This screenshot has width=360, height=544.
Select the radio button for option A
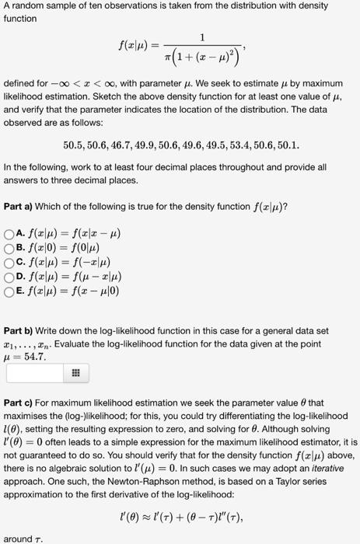tap(9, 232)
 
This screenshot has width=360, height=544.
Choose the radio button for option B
tap(9, 246)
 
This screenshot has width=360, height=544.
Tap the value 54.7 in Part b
tap(35, 357)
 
